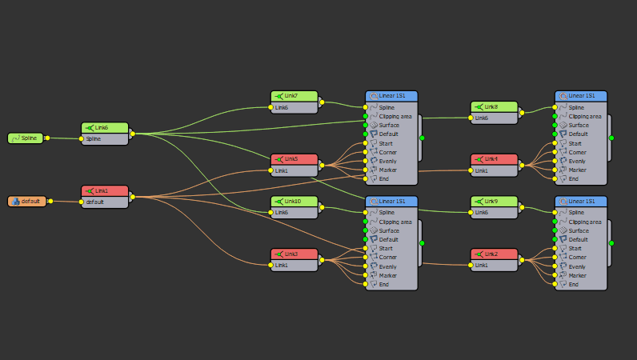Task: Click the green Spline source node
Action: click(26, 138)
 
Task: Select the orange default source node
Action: click(26, 201)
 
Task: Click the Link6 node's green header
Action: click(105, 128)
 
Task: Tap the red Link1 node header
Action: click(105, 191)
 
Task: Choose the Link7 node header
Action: click(294, 96)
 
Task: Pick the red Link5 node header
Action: click(294, 159)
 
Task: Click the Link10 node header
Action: click(294, 202)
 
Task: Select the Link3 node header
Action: click(294, 254)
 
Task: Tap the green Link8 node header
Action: click(494, 107)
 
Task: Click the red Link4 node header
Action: click(494, 159)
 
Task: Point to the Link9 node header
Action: click(494, 202)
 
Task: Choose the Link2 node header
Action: click(494, 254)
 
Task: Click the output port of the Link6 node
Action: click(131, 134)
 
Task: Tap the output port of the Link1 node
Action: click(131, 197)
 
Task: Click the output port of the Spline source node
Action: click(47, 138)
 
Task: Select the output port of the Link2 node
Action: click(521, 259)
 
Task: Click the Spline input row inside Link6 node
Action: click(105, 139)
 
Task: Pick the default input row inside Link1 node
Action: click(105, 202)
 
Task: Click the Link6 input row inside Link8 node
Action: click(494, 118)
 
